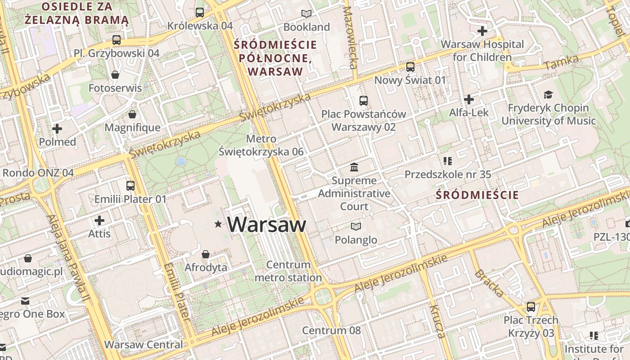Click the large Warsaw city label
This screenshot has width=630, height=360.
(266, 224)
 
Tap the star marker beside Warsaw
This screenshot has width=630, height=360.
(219, 224)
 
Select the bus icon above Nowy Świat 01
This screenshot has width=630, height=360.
(410, 67)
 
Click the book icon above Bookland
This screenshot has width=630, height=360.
(306, 14)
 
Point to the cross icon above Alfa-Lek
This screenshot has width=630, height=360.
(469, 99)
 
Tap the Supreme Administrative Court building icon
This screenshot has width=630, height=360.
(354, 167)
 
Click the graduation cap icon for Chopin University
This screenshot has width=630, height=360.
(548, 94)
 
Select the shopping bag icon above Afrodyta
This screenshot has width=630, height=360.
(206, 254)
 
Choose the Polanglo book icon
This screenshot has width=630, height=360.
(356, 226)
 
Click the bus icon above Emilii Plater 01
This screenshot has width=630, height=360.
(130, 185)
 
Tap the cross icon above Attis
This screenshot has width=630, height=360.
(99, 220)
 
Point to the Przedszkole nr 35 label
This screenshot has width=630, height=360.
(448, 174)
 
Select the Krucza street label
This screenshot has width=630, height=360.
(437, 321)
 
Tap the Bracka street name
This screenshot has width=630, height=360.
(489, 283)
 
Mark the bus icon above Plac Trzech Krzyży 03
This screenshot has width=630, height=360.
(531, 307)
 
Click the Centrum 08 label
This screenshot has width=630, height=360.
(331, 330)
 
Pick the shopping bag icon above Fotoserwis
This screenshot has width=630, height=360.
(115, 75)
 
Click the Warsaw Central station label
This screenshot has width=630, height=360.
(144, 345)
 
